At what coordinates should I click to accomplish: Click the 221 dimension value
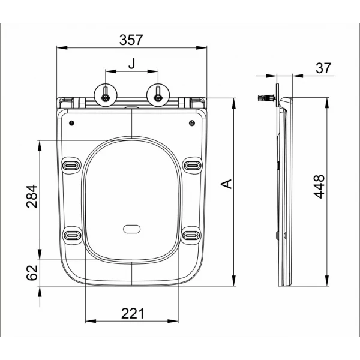(x=132, y=313)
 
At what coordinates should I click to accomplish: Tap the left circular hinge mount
(x=106, y=94)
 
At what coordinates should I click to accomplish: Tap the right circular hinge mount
(x=157, y=94)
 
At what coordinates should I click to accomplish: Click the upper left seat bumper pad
(x=71, y=164)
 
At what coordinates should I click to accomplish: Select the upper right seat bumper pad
(x=192, y=164)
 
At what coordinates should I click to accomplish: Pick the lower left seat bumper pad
(x=71, y=234)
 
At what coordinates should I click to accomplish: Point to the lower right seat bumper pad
(x=192, y=234)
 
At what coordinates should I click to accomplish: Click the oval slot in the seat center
(x=131, y=229)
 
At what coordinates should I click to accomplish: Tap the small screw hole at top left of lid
(x=72, y=124)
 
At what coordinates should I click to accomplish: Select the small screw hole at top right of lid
(x=191, y=124)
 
